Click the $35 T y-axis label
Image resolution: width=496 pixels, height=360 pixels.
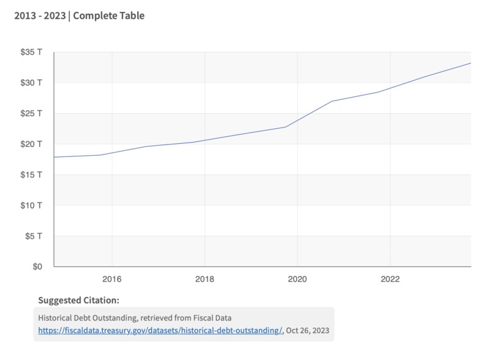coord(31,52)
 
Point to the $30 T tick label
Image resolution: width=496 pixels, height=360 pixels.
coord(31,83)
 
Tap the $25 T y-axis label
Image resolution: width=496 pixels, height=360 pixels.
coord(31,114)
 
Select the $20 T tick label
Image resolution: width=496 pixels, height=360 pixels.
coord(31,144)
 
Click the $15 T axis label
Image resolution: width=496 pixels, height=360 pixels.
coord(31,175)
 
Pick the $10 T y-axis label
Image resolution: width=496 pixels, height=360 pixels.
coord(31,205)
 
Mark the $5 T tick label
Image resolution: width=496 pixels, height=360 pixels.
coord(33,236)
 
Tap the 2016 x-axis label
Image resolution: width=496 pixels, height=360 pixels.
coord(111,278)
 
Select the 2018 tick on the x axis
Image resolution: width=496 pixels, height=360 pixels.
coord(204,278)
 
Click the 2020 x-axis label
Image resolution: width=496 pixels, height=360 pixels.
coord(297,278)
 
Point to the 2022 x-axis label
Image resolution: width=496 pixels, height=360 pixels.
coord(390,278)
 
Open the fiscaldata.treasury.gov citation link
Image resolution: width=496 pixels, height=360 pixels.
coord(160,330)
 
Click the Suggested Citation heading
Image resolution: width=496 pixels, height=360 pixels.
coord(79,300)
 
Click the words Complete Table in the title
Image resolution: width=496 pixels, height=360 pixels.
coord(109,15)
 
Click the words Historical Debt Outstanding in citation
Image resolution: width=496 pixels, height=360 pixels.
coord(84,318)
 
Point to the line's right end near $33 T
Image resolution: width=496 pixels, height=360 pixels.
coord(470,63)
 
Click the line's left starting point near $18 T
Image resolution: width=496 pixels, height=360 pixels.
coord(55,157)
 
